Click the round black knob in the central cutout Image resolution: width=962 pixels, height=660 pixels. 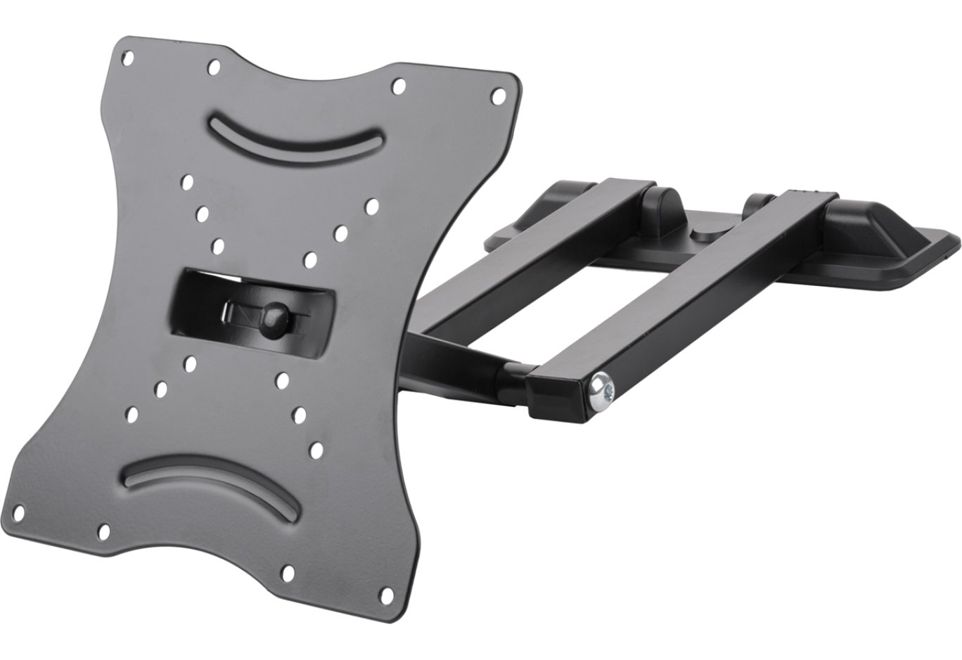[272, 311]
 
